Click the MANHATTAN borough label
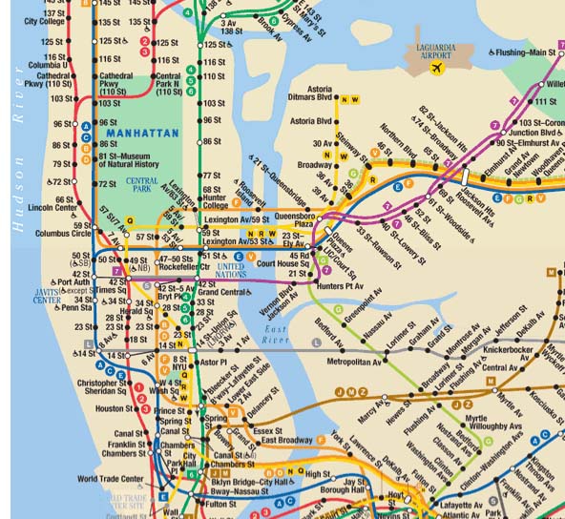[144, 133]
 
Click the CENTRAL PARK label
[142, 184]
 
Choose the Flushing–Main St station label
[526, 52]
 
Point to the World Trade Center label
[110, 479]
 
